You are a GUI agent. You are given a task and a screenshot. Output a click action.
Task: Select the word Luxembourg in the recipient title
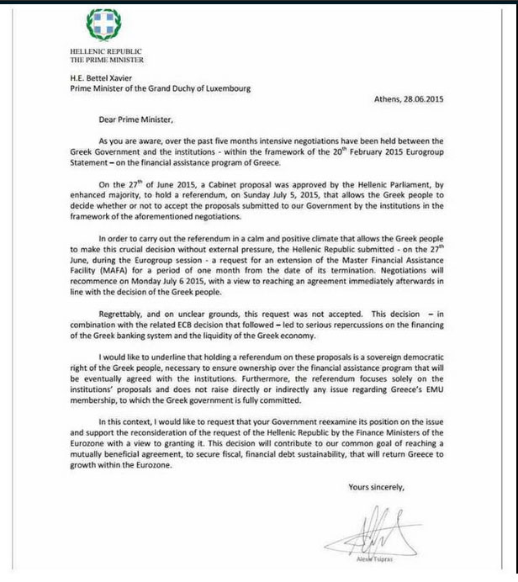224,87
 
